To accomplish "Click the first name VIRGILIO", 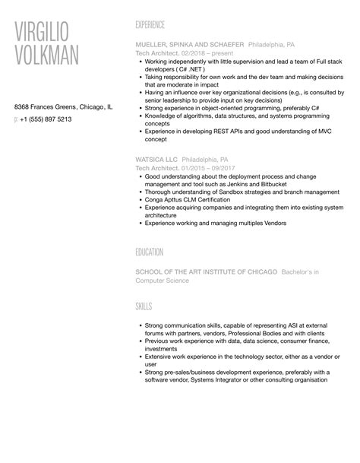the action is pyautogui.click(x=52, y=31).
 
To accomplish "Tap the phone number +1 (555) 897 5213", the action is pyautogui.click(x=46, y=119).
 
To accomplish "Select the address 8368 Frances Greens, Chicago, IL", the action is pyautogui.click(x=64, y=107).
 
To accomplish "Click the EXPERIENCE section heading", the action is pyautogui.click(x=156, y=24).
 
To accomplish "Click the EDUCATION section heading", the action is pyautogui.click(x=154, y=252).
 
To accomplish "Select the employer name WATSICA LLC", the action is pyautogui.click(x=156, y=160).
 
